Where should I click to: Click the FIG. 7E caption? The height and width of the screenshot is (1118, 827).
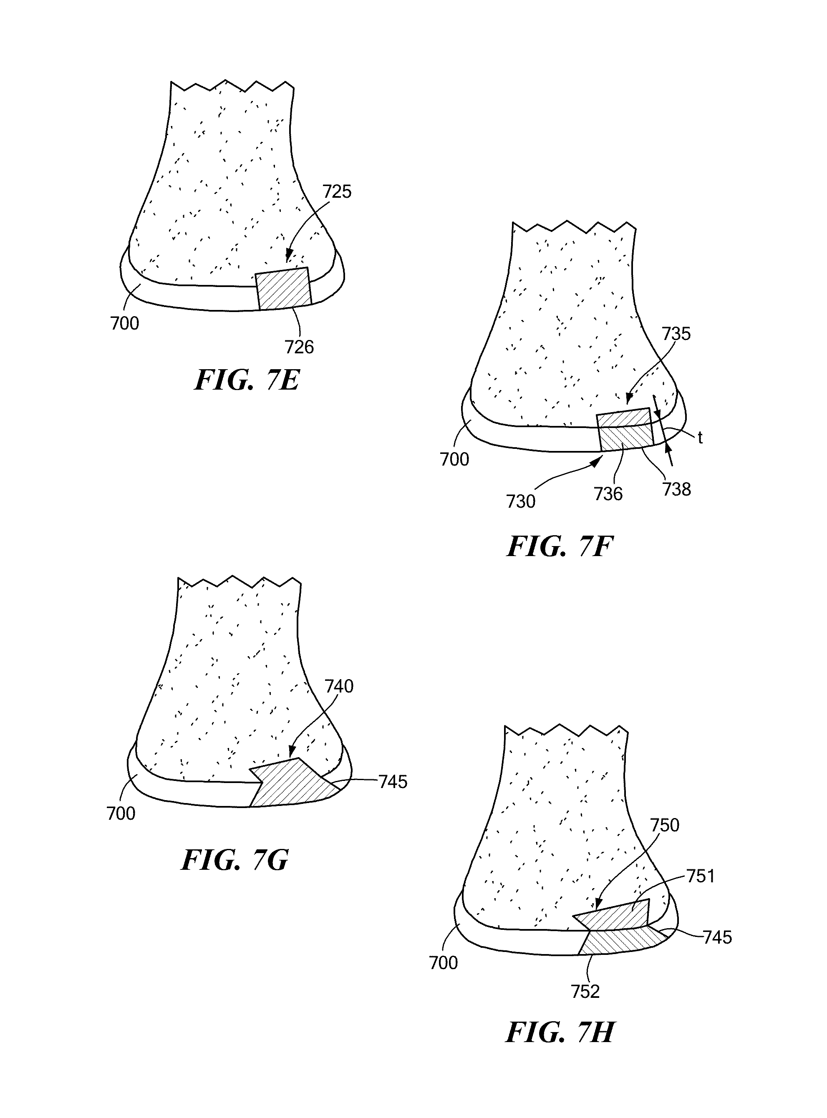[x=247, y=380]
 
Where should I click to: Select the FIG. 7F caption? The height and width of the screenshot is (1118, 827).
[x=560, y=546]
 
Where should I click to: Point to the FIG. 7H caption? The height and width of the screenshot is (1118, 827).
[x=560, y=1032]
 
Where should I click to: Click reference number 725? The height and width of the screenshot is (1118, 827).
[x=337, y=191]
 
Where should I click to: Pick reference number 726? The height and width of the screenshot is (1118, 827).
[x=299, y=347]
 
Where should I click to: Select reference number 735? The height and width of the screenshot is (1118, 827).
[x=676, y=334]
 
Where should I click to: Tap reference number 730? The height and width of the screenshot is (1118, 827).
[x=521, y=501]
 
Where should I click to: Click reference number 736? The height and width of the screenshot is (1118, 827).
[x=608, y=494]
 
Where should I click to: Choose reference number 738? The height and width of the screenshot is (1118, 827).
[x=676, y=489]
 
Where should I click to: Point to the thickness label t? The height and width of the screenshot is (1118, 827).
[x=700, y=438]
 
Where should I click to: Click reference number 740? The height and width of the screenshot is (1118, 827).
[x=339, y=686]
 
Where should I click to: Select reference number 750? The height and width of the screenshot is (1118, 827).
[x=664, y=825]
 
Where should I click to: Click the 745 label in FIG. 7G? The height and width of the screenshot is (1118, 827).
[x=393, y=782]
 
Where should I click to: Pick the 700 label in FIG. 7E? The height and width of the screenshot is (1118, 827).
[x=125, y=323]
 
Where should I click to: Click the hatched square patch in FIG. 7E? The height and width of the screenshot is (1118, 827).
[x=283, y=289]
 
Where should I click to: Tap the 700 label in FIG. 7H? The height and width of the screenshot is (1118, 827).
[x=444, y=962]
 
